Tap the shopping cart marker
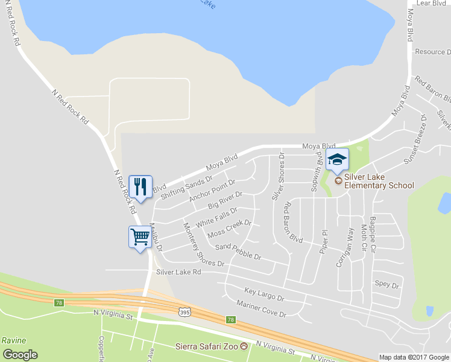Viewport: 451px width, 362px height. click(x=140, y=237)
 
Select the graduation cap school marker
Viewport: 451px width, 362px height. click(x=337, y=160)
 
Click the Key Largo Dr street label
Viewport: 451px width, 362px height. click(x=263, y=294)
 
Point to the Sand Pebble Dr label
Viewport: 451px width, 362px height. click(x=238, y=252)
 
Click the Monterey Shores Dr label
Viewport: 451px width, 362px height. click(x=203, y=245)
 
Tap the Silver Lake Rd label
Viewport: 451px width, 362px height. click(x=178, y=272)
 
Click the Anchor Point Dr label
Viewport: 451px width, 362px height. click(x=211, y=190)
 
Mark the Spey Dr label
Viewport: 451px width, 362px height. click(x=387, y=285)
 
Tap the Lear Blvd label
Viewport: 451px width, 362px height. click(x=431, y=3)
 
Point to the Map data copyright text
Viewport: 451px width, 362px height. click(x=414, y=357)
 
